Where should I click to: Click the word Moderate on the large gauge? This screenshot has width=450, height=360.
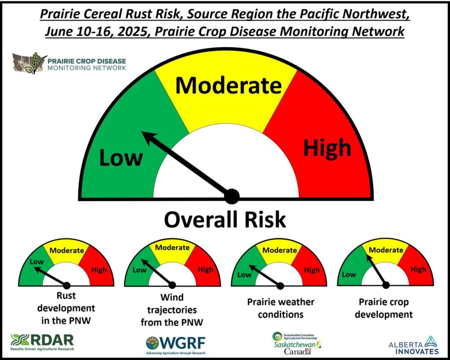click(x=229, y=85)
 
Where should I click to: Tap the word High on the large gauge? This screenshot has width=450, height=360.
click(x=327, y=148)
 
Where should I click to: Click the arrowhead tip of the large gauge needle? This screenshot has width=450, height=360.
click(x=142, y=132)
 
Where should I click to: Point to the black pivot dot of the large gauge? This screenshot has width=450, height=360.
click(x=232, y=196)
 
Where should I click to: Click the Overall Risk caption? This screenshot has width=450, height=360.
click(x=225, y=220)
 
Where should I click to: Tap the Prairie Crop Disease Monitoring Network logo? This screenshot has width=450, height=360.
click(x=69, y=63)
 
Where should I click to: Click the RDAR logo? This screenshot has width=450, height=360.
click(x=42, y=342)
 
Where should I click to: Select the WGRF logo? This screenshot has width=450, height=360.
click(x=176, y=345)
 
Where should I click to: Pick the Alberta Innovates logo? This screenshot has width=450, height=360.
click(x=414, y=346)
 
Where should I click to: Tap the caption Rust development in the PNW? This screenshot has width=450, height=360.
click(x=66, y=308)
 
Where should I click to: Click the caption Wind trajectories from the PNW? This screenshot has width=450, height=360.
click(x=172, y=310)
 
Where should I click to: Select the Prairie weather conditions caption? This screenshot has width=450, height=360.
click(x=281, y=308)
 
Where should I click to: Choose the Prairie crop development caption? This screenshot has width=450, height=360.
click(x=384, y=308)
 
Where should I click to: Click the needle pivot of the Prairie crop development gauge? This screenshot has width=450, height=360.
click(x=386, y=285)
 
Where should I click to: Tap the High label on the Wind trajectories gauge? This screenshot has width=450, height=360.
click(x=206, y=270)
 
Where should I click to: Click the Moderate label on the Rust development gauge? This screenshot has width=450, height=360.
click(x=67, y=251)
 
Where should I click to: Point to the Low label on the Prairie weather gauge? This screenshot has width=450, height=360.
click(x=244, y=274)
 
